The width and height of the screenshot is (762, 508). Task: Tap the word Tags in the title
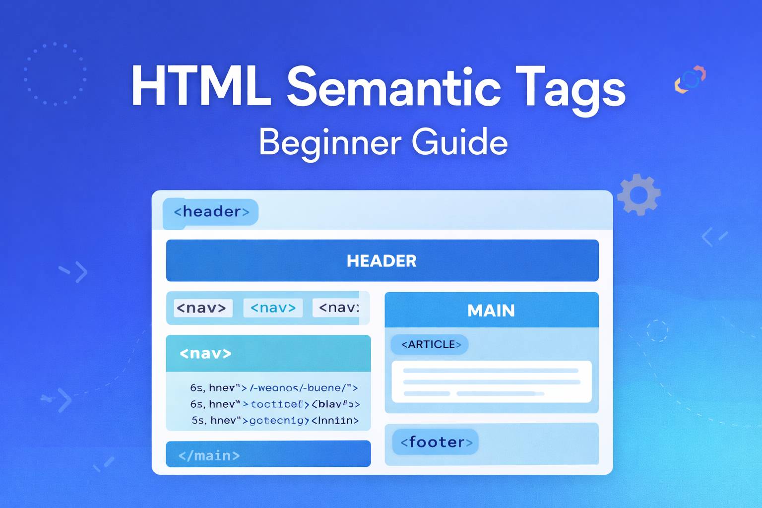571,88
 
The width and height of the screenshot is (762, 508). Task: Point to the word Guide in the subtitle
459,142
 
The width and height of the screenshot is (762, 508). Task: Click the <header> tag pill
211,212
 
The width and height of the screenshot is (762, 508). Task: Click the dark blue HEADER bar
382,260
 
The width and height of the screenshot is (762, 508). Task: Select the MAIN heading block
491,310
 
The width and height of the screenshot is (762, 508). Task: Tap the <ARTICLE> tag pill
430,344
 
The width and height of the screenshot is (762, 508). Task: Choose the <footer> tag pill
436,442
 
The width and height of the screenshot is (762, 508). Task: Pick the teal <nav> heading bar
268,353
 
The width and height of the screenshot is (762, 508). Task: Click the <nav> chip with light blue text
273,308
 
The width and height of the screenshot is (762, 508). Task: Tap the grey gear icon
639,194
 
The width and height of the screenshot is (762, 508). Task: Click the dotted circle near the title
55,74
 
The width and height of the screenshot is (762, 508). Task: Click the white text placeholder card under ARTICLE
491,381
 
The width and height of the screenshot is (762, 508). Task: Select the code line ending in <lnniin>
275,421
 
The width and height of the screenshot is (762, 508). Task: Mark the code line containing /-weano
273,388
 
